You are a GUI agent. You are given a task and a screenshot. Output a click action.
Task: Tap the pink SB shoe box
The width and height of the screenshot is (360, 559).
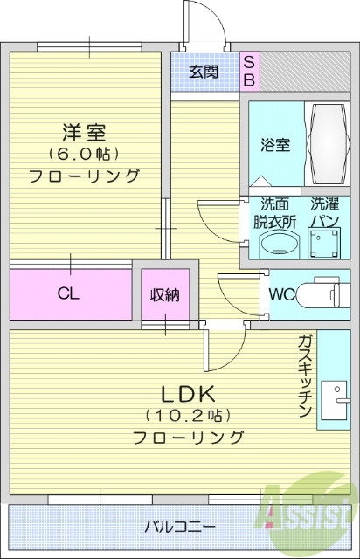click(248, 72)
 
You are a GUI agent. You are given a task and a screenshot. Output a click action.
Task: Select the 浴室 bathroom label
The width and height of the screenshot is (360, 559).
click(275, 145)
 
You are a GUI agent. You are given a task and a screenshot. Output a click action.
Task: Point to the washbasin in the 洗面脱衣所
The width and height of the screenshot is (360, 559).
click(275, 245)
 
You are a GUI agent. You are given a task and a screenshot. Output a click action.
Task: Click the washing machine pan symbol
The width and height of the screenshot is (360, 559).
click(326, 246)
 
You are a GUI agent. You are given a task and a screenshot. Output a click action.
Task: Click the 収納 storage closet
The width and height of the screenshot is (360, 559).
click(164, 295)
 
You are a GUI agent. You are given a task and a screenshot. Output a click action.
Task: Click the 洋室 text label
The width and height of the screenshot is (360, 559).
click(84, 134)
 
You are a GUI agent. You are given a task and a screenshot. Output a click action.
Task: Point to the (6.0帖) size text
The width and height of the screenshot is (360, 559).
click(84, 155)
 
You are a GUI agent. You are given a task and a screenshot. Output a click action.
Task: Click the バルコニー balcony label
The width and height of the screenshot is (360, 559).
click(180, 528)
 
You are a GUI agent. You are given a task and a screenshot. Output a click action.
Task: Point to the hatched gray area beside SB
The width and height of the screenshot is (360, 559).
click(304, 72)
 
